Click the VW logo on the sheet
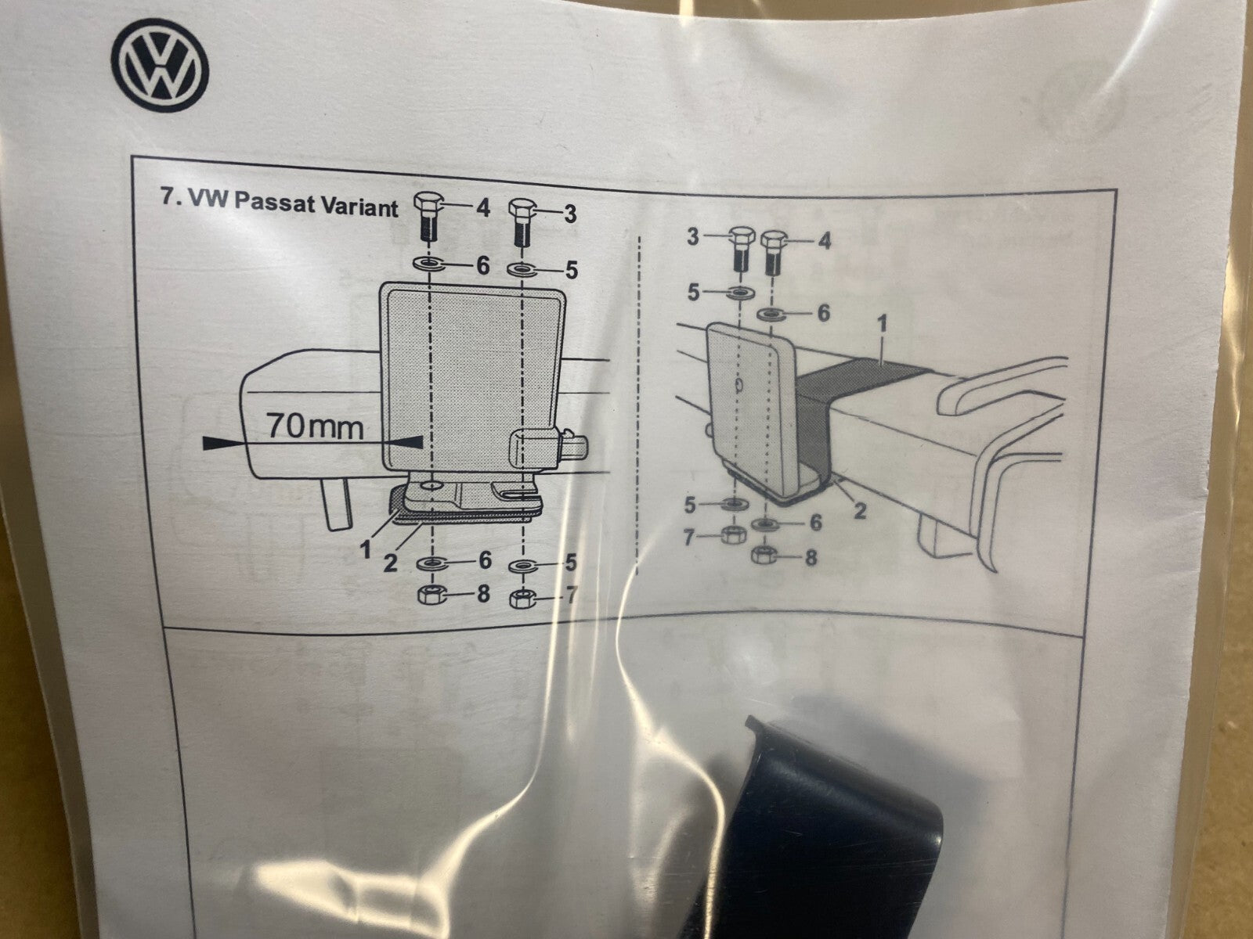pos(160,65)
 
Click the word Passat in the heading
pos(274,203)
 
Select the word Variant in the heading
pos(359,207)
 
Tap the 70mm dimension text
pos(315,426)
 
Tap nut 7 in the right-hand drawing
pos(731,535)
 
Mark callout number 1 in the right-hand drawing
pos(882,323)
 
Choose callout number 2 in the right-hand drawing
pos(859,510)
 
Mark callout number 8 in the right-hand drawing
pos(811,558)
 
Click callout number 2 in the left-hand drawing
pos(390,563)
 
